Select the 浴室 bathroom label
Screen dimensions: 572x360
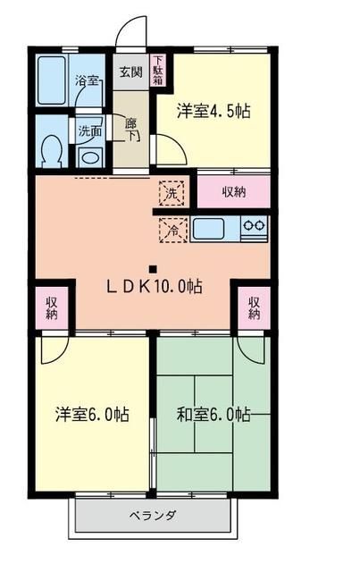pyautogui.click(x=86, y=81)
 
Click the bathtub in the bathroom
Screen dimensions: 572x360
pyautogui.click(x=54, y=79)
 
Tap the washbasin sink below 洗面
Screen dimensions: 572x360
pyautogui.click(x=89, y=155)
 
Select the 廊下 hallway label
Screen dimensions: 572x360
pyautogui.click(x=130, y=130)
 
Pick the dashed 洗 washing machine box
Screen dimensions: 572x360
pyautogui.click(x=172, y=190)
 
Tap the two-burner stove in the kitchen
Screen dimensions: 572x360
pyautogui.click(x=255, y=228)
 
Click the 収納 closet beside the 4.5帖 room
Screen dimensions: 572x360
pyautogui.click(x=234, y=190)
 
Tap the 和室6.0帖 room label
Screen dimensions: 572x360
pyautogui.click(x=213, y=415)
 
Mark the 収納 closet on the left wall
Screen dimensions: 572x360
pyautogui.click(x=52, y=307)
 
